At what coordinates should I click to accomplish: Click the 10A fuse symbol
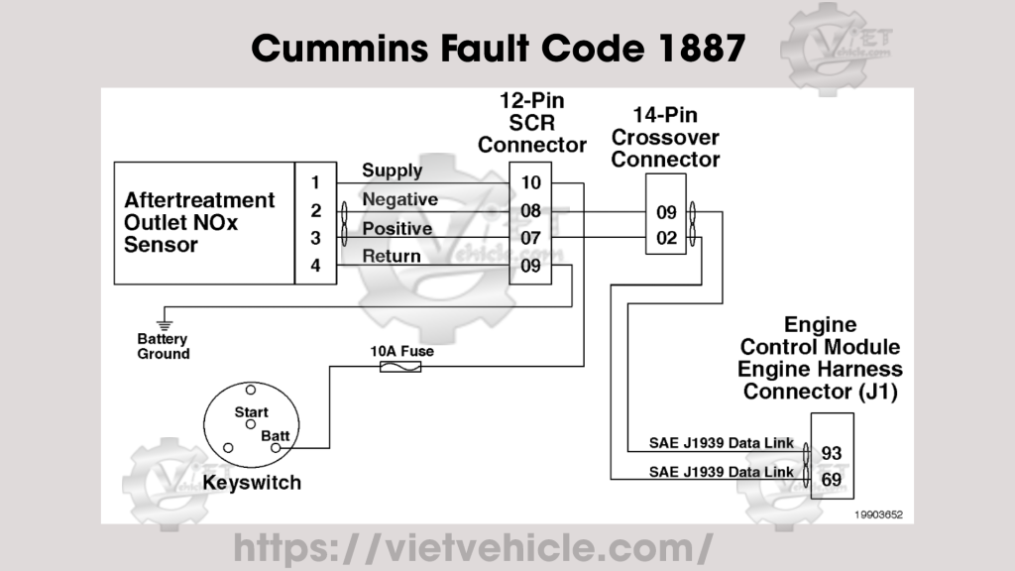pos(400,367)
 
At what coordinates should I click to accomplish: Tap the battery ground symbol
pos(165,323)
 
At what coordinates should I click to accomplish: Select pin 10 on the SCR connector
pos(530,183)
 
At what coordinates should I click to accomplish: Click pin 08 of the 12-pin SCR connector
pos(530,211)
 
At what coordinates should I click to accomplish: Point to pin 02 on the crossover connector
pos(666,239)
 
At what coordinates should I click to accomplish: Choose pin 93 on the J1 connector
pos(832,453)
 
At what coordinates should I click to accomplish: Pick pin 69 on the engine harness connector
pos(832,480)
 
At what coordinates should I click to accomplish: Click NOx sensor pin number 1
pos(315,183)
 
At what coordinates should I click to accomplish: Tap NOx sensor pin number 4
pos(315,266)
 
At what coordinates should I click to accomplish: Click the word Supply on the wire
pos(392,171)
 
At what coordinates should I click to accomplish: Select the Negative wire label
pos(399,199)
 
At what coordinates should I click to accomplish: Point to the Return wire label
pos(392,256)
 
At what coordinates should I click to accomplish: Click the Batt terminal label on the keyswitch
pos(275,435)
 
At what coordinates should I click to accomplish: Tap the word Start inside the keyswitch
pos(251,411)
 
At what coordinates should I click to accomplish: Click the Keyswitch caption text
pos(252,484)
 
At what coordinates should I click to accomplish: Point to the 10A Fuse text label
pos(401,351)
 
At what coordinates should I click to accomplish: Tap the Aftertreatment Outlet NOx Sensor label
pos(199,222)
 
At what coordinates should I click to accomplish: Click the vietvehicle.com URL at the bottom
pos(473,546)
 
